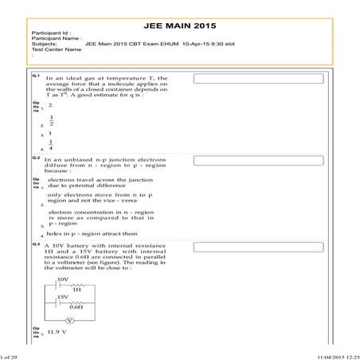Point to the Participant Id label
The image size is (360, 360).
pyautogui.click(x=50, y=37)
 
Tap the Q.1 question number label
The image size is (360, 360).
pyautogui.click(x=36, y=76)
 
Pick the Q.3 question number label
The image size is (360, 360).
pyautogui.click(x=36, y=245)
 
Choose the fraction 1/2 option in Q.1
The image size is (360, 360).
pyautogui.click(x=51, y=121)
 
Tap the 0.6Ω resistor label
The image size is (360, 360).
pyautogui.click(x=76, y=307)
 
